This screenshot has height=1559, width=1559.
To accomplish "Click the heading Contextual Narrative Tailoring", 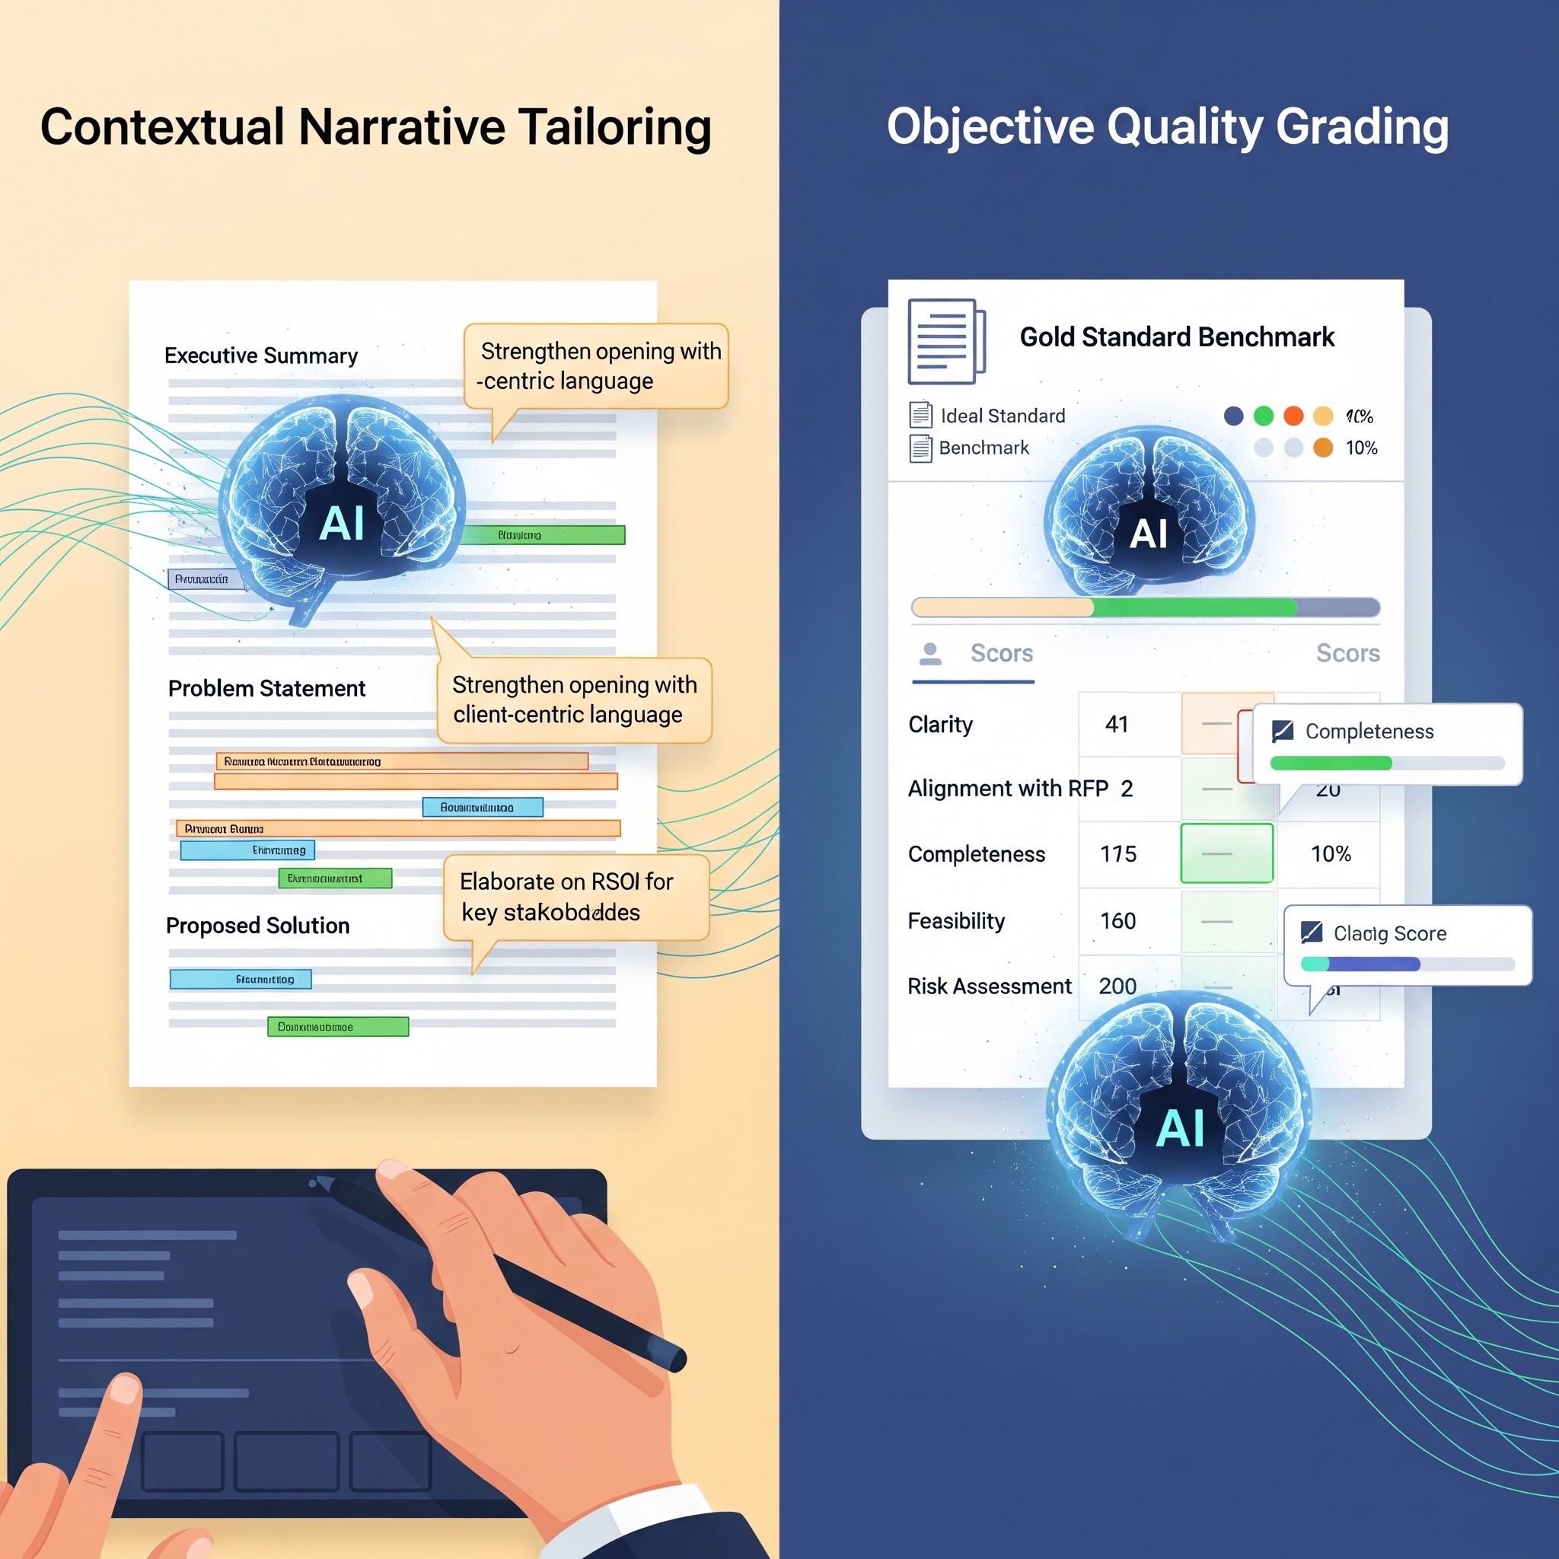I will coord(376,127).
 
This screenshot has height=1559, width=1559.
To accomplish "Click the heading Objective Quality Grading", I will coord(1168,127).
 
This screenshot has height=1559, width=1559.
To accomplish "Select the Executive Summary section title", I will coord(260,355).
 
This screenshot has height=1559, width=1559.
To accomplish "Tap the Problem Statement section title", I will coord(266,688).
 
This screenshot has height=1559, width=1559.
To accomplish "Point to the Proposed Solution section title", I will coord(257,926).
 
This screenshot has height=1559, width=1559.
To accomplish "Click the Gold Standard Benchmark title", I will coord(1177,337).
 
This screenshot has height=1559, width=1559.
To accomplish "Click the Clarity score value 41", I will coord(1117,725).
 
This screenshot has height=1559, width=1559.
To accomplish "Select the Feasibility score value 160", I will coord(1117,921).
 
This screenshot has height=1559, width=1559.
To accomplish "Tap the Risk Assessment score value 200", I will coord(1117,986).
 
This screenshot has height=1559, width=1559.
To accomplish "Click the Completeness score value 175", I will coord(1118,854).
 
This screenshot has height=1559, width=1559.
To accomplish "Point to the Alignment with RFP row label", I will coord(1008,789).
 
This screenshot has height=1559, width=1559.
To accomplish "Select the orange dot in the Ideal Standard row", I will coord(1293,416).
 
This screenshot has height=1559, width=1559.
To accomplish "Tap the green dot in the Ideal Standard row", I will coord(1264,416).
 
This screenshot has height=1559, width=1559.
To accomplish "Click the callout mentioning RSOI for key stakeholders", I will coord(575,897).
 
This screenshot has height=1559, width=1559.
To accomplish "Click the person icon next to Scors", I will coord(930,654).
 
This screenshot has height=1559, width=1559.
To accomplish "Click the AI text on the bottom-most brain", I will coord(1181,1128).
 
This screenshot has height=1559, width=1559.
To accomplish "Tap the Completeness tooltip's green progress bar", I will coord(1331,764).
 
